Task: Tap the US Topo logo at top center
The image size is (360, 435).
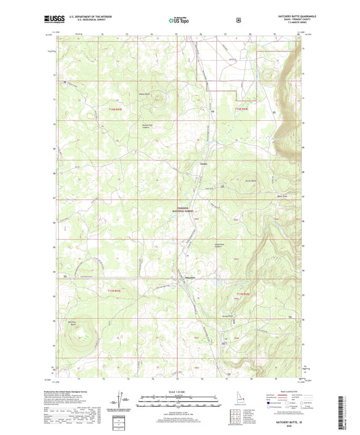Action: (x=180, y=21)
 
